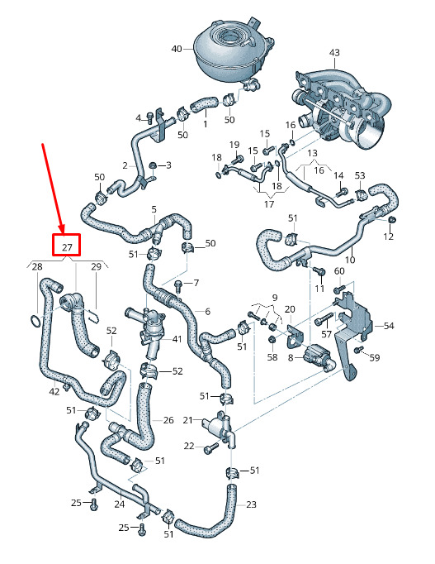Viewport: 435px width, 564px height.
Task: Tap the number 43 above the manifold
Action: [x=334, y=53]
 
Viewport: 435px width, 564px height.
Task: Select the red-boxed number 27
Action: [x=67, y=247]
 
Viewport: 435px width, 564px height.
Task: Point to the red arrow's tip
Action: [x=62, y=232]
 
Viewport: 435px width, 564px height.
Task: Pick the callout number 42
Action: [x=54, y=391]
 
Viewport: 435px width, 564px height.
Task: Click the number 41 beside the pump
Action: [x=177, y=339]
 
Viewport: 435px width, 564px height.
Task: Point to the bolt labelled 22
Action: [x=210, y=448]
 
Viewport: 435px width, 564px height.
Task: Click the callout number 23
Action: [x=251, y=504]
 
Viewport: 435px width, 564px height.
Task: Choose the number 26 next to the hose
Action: [x=168, y=420]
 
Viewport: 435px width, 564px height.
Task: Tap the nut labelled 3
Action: [x=152, y=166]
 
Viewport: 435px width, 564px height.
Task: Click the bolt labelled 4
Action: [x=149, y=117]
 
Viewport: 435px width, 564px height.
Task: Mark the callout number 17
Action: [x=269, y=204]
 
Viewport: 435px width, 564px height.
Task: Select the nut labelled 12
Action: [x=391, y=219]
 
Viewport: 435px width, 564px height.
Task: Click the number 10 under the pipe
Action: [x=350, y=259]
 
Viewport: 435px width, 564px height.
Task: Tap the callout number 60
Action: [x=339, y=271]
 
